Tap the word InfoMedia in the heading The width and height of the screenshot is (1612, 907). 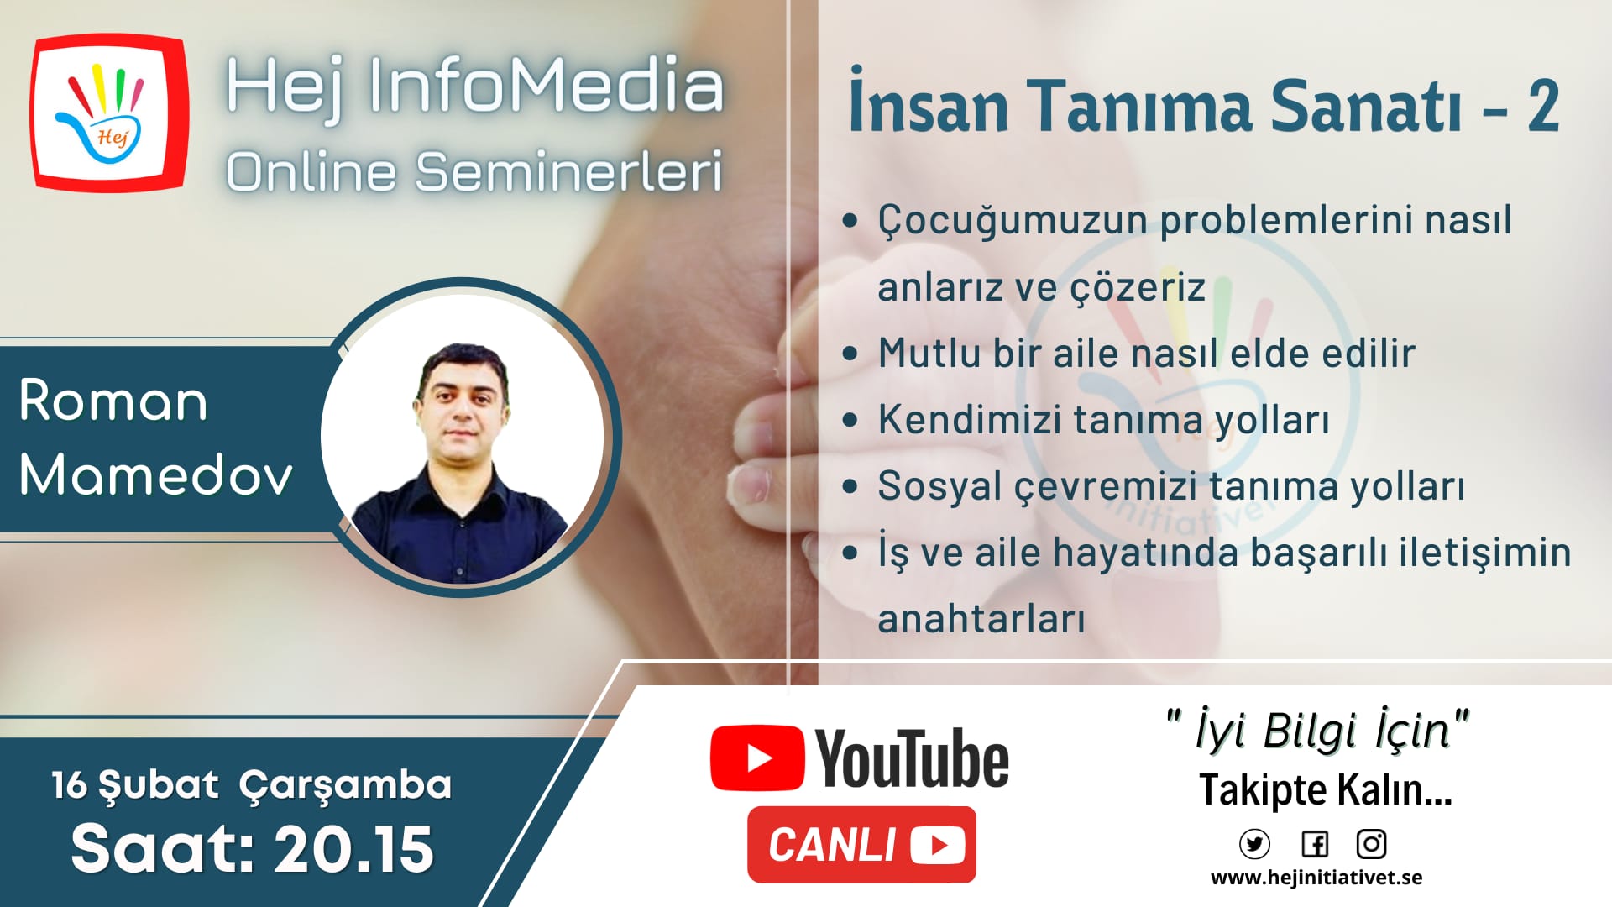click(x=546, y=86)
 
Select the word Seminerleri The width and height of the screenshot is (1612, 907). click(x=568, y=171)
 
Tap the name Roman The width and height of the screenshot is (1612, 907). click(x=113, y=401)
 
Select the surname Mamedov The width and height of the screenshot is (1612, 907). click(x=156, y=474)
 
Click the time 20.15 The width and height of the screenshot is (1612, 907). click(x=353, y=848)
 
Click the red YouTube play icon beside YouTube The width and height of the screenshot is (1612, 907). click(x=756, y=758)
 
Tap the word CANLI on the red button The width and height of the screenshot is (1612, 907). click(x=832, y=845)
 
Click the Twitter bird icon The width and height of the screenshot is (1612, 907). click(x=1254, y=843)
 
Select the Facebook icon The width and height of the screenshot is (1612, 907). click(x=1315, y=843)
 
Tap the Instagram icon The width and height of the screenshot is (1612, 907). click(x=1371, y=843)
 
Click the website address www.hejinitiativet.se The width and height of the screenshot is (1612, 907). click(x=1316, y=878)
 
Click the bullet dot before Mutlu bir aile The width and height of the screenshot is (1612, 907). click(x=850, y=353)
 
